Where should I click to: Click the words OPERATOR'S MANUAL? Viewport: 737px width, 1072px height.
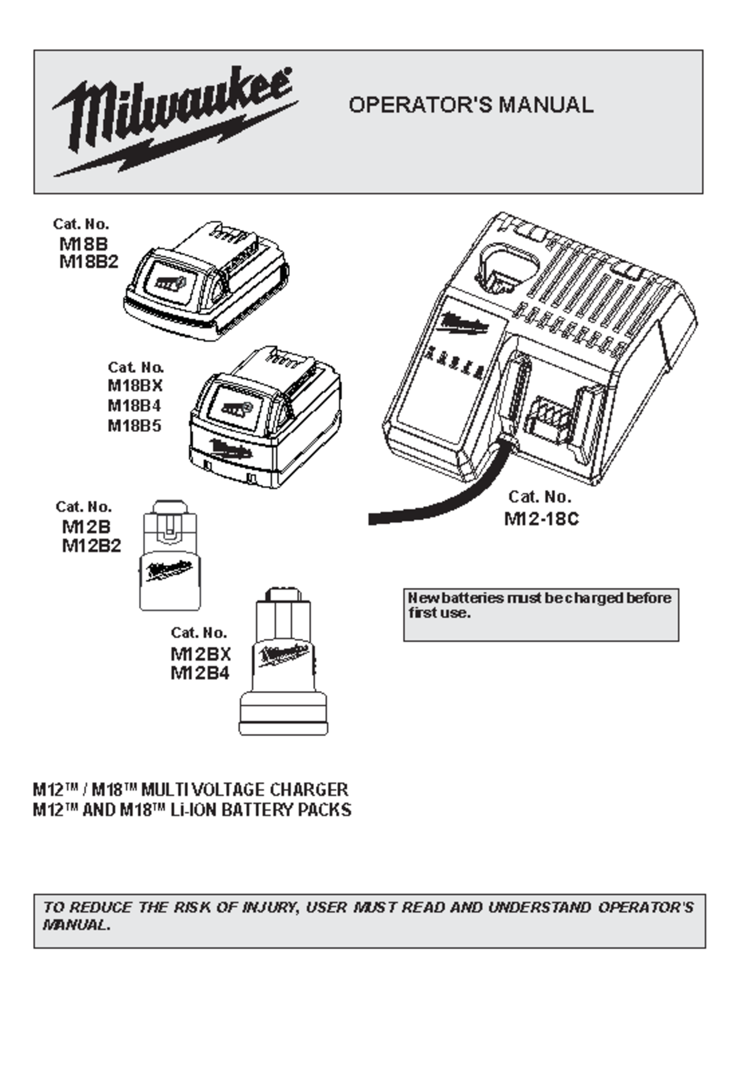tap(470, 105)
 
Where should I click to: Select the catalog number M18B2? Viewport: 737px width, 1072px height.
tap(88, 262)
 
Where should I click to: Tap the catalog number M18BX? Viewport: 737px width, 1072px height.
tap(135, 386)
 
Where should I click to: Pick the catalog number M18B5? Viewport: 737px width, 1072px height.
tap(135, 426)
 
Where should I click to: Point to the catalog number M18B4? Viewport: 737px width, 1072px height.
tap(135, 406)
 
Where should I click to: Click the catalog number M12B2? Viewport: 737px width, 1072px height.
tap(92, 546)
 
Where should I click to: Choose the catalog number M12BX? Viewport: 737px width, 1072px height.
tap(200, 654)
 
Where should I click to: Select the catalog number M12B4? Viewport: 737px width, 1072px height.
tap(200, 673)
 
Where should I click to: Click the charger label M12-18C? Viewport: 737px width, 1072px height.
tap(541, 519)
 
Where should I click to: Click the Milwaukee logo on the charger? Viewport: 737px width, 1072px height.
tap(464, 324)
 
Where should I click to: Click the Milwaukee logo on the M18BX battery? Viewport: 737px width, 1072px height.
tap(231, 450)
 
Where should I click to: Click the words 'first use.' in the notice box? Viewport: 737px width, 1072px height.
tap(439, 613)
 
